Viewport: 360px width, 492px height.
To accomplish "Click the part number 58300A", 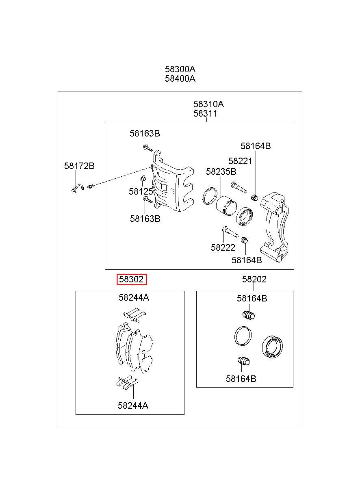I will pyautogui.click(x=180, y=69).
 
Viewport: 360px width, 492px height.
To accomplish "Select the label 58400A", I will pyautogui.click(x=180, y=79).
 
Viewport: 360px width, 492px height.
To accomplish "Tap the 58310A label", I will pyautogui.click(x=208, y=104).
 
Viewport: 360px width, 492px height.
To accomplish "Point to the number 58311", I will pyautogui.click(x=205, y=114).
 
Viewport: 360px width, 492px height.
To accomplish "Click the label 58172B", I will pyautogui.click(x=79, y=166).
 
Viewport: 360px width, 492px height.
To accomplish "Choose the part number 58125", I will pyautogui.click(x=141, y=191).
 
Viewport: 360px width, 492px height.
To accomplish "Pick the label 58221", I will pyautogui.click(x=240, y=161).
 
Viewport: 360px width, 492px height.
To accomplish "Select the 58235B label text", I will pyautogui.click(x=221, y=171).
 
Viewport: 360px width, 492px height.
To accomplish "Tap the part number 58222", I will pyautogui.click(x=223, y=247).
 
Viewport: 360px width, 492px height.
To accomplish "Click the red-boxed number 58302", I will pyautogui.click(x=131, y=280).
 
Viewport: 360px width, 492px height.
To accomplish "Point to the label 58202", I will pyautogui.click(x=254, y=280).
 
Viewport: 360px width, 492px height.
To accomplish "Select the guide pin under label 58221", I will pyautogui.click(x=239, y=186).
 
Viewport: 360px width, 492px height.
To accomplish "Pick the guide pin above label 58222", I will pyautogui.click(x=230, y=233).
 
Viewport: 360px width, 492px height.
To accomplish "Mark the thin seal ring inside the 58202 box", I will pyautogui.click(x=243, y=336).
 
